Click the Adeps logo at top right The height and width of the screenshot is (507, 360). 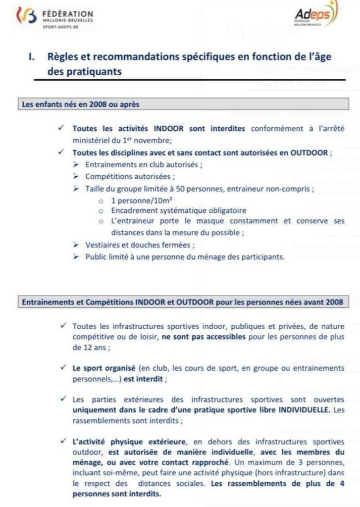click(317, 15)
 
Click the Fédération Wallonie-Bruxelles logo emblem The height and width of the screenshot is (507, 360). click(26, 17)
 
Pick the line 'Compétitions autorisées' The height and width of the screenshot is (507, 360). click(130, 176)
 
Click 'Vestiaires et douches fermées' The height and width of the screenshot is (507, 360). click(140, 245)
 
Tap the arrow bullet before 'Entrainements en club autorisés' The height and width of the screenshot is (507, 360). click(76, 164)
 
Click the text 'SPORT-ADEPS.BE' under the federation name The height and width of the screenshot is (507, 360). click(60, 28)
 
